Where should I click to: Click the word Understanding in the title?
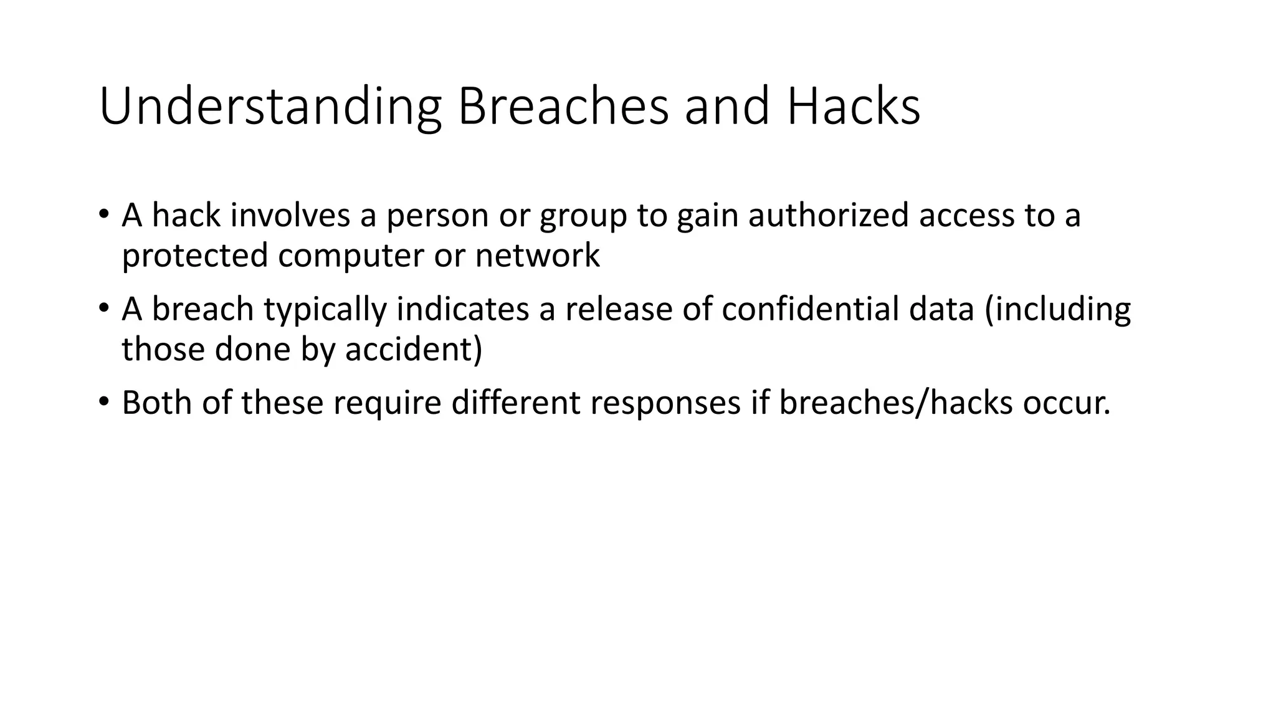270,107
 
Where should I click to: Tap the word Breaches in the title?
563,107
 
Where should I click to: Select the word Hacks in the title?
853,107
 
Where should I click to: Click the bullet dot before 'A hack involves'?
103,214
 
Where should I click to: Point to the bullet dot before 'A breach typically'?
103,308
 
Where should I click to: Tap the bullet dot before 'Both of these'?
103,401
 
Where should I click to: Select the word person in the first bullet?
437,216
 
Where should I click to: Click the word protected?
195,256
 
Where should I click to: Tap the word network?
537,256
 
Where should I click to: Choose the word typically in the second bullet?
325,310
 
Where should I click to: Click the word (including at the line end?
1057,310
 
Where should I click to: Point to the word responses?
665,403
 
